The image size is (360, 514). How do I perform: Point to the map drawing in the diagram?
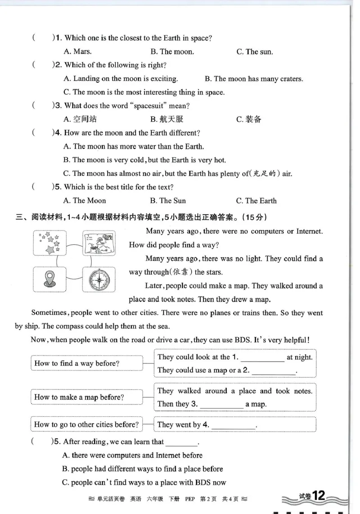pyautogui.click(x=99, y=243)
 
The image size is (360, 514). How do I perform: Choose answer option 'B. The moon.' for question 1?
pyautogui.click(x=172, y=52)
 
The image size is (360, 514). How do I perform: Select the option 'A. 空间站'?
pyautogui.click(x=80, y=119)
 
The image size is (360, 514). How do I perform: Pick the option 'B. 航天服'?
pyautogui.click(x=166, y=119)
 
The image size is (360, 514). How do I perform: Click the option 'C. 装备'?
pyautogui.click(x=248, y=119)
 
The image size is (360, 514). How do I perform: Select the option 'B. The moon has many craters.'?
pyautogui.click(x=254, y=79)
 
